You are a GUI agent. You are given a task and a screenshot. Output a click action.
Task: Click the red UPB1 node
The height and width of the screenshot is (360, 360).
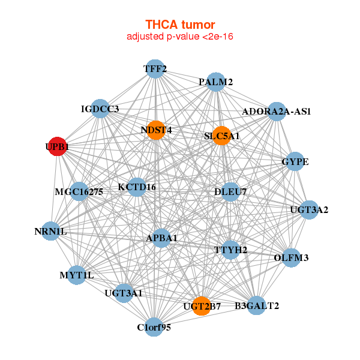pyautogui.click(x=57, y=146)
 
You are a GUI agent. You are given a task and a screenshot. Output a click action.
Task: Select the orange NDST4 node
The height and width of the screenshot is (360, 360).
pyautogui.click(x=156, y=130)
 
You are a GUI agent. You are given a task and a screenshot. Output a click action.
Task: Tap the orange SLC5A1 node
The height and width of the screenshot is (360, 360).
pyautogui.click(x=222, y=136)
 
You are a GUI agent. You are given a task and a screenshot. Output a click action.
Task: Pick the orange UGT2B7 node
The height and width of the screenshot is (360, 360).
pyautogui.click(x=202, y=306)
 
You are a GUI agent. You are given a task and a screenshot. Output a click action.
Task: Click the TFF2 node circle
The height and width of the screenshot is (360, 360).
pyautogui.click(x=155, y=69)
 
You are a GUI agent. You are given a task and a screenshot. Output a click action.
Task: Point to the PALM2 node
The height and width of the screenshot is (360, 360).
pyautogui.click(x=216, y=82)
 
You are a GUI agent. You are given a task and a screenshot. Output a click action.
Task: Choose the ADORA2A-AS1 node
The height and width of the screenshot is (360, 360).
pyautogui.click(x=276, y=111)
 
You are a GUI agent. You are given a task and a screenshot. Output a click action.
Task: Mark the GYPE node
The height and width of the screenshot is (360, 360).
pyautogui.click(x=295, y=162)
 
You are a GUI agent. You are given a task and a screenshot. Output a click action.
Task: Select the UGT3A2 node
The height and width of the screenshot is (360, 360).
pyautogui.click(x=309, y=209)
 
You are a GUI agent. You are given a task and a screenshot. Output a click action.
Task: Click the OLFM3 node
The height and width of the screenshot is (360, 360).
pyautogui.click(x=291, y=258)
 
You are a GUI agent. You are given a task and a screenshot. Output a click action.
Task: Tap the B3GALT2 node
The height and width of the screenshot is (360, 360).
pyautogui.click(x=256, y=305)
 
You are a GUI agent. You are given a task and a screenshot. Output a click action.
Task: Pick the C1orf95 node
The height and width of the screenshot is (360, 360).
pyautogui.click(x=154, y=327)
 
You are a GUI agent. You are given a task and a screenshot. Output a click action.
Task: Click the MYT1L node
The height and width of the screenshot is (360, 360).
pyautogui.click(x=77, y=275)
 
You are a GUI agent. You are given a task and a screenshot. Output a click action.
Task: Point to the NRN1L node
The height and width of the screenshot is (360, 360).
pyautogui.click(x=50, y=231)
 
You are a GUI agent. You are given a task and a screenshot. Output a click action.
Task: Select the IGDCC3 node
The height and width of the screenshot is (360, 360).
pyautogui.click(x=100, y=109)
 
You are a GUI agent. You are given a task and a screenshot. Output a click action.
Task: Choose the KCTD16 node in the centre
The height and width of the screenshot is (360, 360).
pyautogui.click(x=137, y=187)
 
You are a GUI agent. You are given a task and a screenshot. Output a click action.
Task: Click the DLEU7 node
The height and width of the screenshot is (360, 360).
pyautogui.click(x=230, y=192)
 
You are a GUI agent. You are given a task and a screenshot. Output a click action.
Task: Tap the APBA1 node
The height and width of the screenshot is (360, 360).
pyautogui.click(x=161, y=238)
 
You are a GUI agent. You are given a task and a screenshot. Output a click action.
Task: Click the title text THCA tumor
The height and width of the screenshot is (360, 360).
pyautogui.click(x=180, y=25)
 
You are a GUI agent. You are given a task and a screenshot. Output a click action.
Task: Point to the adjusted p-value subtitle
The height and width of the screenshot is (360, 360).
pyautogui.click(x=180, y=37)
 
